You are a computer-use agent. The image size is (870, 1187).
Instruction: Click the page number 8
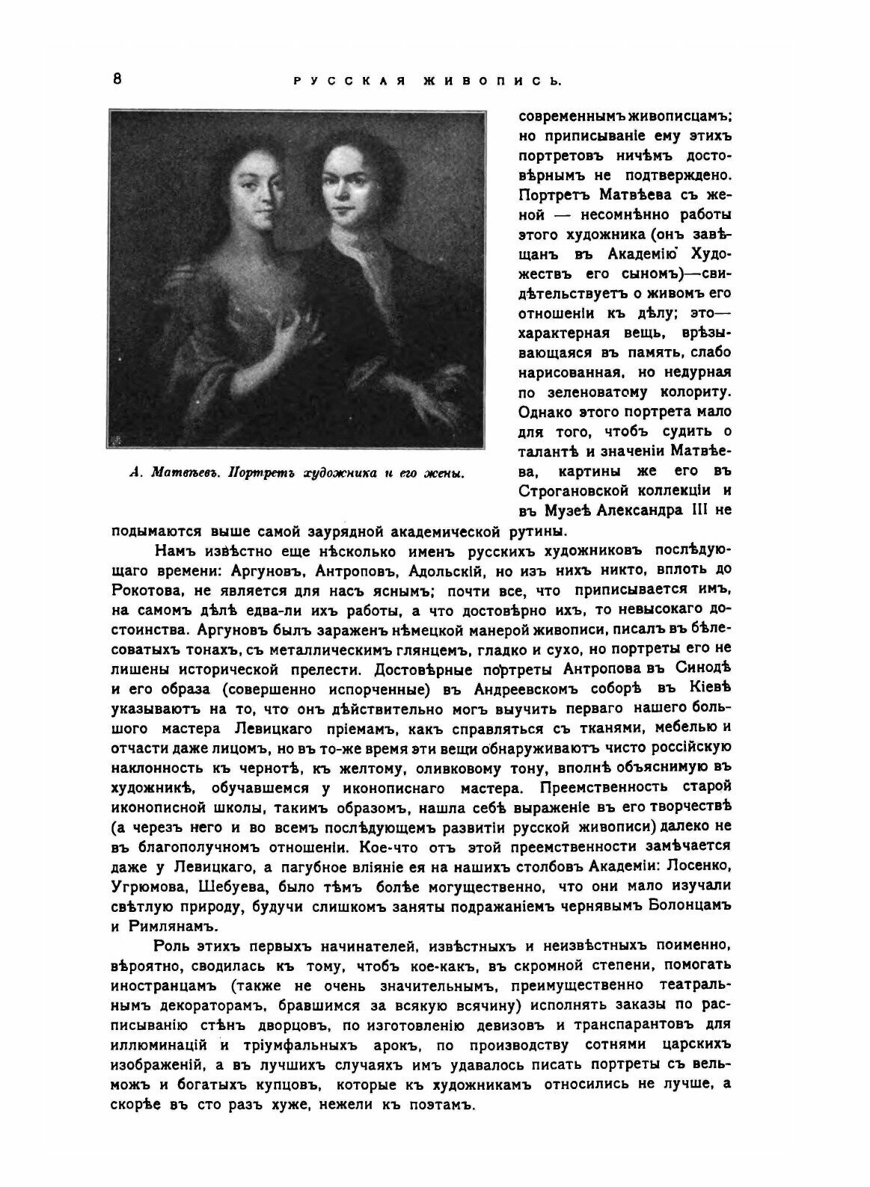pos(118,81)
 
